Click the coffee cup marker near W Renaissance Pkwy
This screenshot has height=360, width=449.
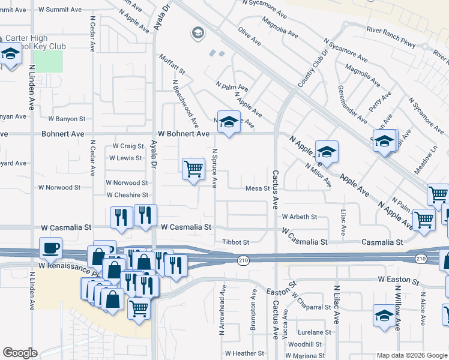click(51, 247)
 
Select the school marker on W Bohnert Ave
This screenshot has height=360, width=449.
click(228, 122)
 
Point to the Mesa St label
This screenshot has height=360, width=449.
click(258, 188)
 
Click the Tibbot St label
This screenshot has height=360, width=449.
click(237, 242)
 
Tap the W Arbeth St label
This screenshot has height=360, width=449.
click(298, 216)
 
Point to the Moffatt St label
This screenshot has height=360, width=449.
click(172, 66)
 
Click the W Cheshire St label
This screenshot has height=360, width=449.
click(127, 195)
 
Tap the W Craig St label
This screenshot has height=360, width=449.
click(128, 146)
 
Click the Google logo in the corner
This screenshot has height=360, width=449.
click(20, 353)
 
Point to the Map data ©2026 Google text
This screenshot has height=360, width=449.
click(412, 355)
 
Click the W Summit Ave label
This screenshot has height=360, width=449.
click(60, 10)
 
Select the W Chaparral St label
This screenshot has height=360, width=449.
click(312, 307)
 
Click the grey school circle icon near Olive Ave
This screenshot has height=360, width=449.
click(197, 33)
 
